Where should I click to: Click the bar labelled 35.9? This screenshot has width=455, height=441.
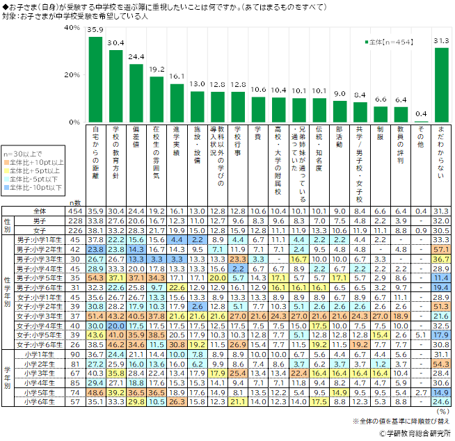pyautogui.click(x=96, y=79)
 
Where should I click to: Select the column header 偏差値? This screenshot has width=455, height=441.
pyautogui.click(x=136, y=141)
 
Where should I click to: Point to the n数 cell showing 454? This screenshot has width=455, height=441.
pyautogui.click(x=76, y=211)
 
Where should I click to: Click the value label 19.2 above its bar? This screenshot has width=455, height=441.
pyautogui.click(x=157, y=70)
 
